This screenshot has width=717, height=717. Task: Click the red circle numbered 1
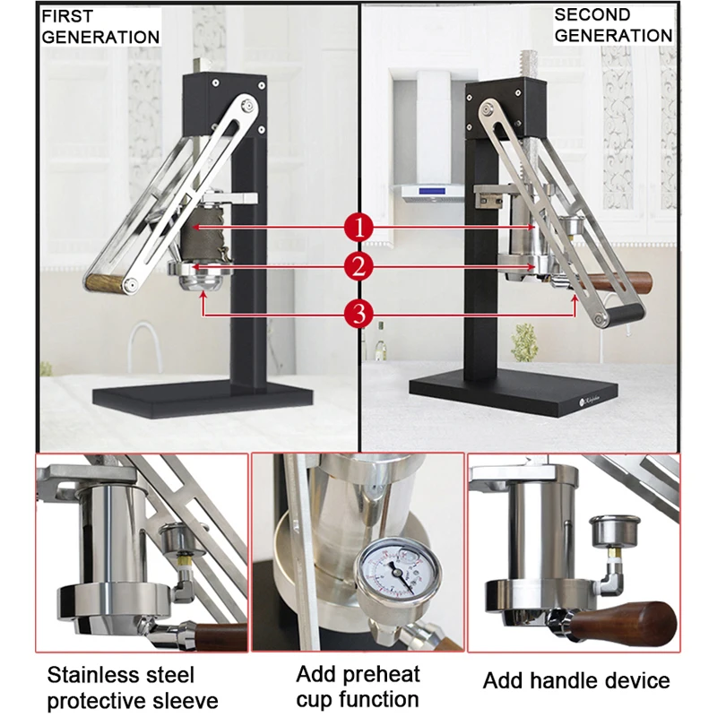pos(359,228)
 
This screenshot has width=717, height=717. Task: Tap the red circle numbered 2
pos(359,266)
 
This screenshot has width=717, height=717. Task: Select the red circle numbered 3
pos(359,315)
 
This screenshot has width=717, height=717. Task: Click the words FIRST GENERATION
pos(100,27)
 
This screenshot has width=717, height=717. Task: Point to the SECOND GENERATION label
pos(613,25)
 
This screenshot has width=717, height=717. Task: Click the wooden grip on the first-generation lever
pos(104,282)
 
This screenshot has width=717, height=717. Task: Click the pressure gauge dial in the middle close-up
pos(398,570)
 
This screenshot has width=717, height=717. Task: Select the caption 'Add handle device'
pos(576,680)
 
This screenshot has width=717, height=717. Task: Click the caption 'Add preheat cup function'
pos(358,687)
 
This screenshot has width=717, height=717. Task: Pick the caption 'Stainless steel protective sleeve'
pos(133,687)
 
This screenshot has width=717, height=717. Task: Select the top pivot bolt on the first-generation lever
pos(248,106)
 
